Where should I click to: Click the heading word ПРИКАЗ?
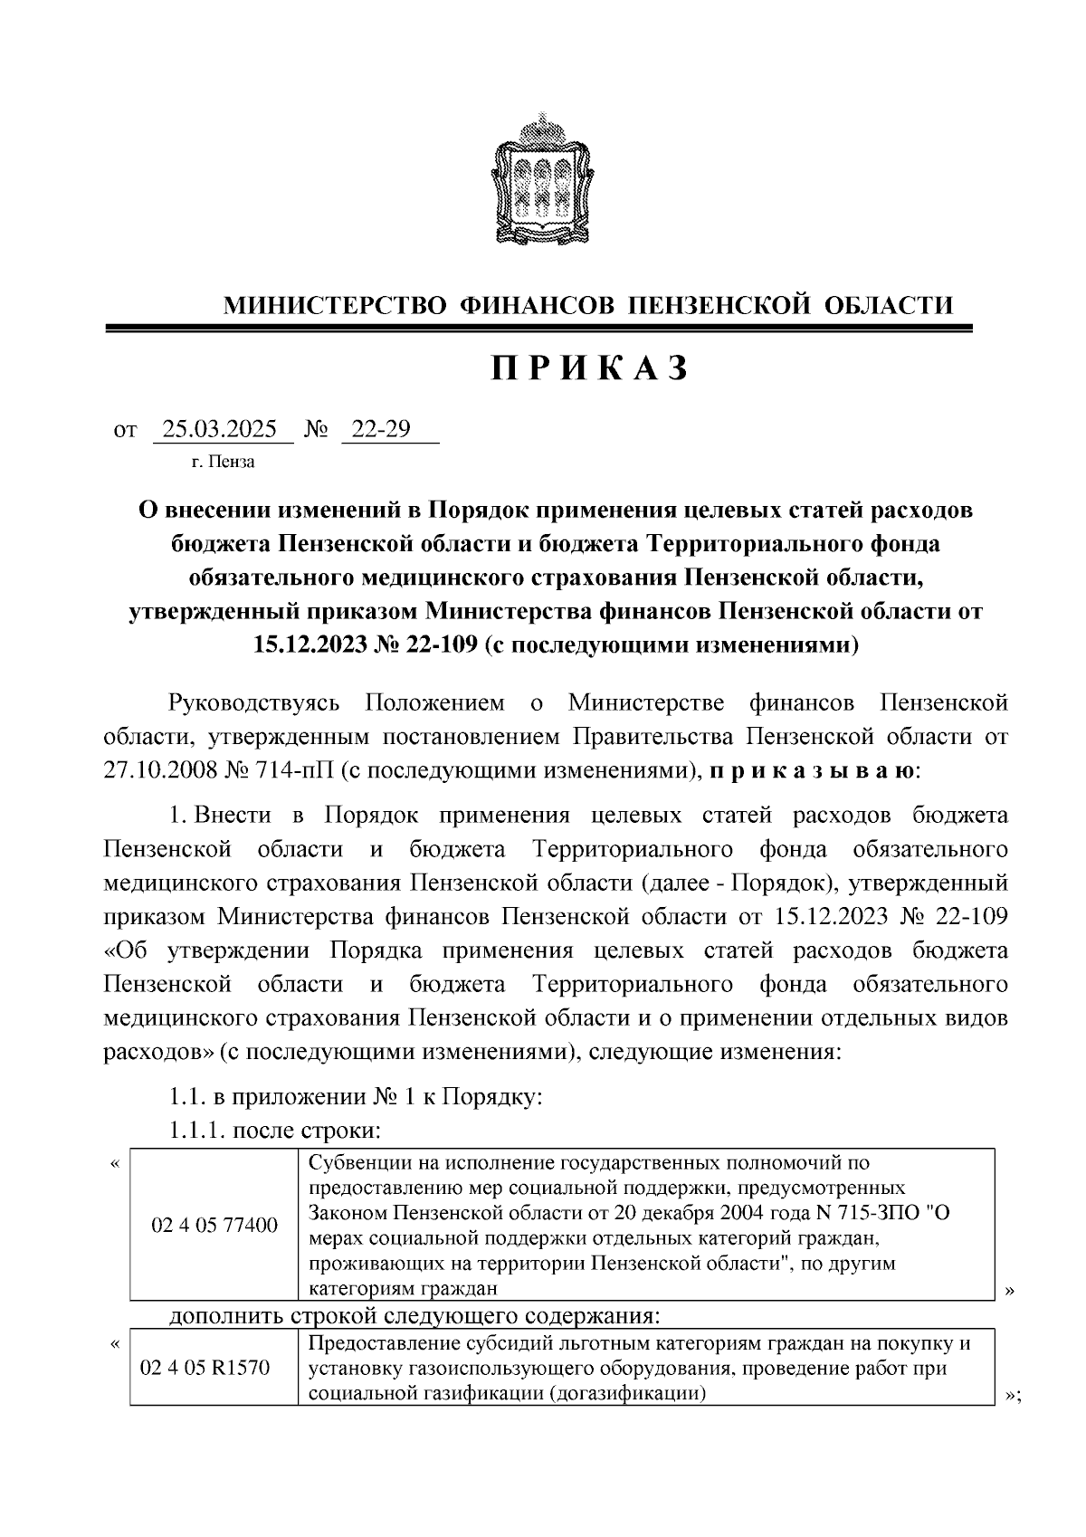tap(591, 368)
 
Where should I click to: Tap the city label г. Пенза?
tap(223, 463)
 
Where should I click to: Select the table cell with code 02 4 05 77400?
tap(214, 1227)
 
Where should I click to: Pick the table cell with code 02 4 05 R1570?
tap(205, 1368)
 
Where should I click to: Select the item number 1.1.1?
tap(196, 1131)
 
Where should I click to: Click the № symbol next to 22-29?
tap(316, 429)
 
